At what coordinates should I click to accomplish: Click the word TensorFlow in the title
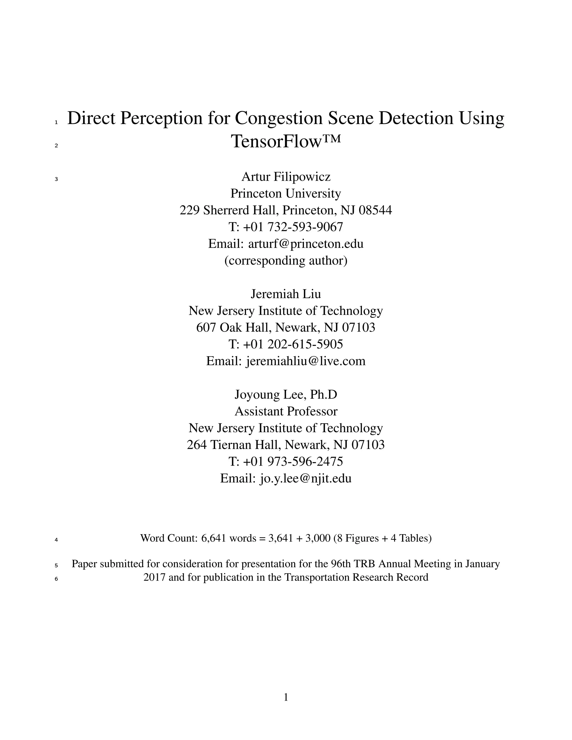276,142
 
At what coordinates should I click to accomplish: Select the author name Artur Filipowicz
286,176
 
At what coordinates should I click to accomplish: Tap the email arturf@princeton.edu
306,244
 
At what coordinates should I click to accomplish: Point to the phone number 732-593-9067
305,227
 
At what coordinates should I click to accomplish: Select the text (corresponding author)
286,260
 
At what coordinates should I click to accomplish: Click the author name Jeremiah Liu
286,294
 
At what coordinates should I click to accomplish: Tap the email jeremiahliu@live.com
306,361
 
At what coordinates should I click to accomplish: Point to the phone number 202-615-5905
305,344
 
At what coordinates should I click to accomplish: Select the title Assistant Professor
286,411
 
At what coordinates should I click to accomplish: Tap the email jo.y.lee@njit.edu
305,478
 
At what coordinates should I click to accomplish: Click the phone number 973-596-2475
305,462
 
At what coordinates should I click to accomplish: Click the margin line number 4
56,540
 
